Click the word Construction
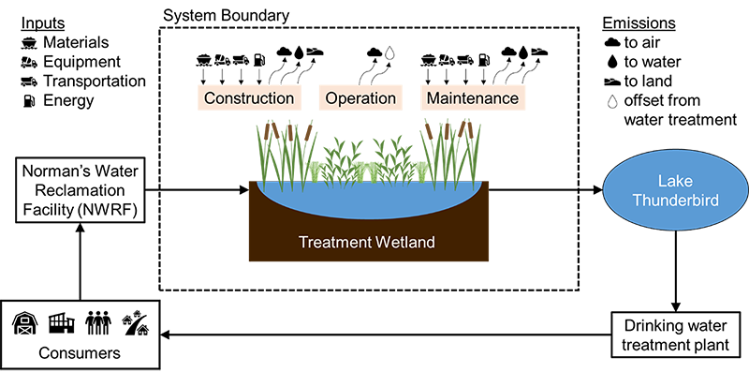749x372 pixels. [249, 98]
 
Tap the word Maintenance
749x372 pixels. [472, 98]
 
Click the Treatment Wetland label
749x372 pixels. [367, 242]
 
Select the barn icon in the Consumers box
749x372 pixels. [25, 323]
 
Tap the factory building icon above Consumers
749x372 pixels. [61, 323]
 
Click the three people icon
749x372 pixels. [97, 323]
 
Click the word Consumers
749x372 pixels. [80, 353]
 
